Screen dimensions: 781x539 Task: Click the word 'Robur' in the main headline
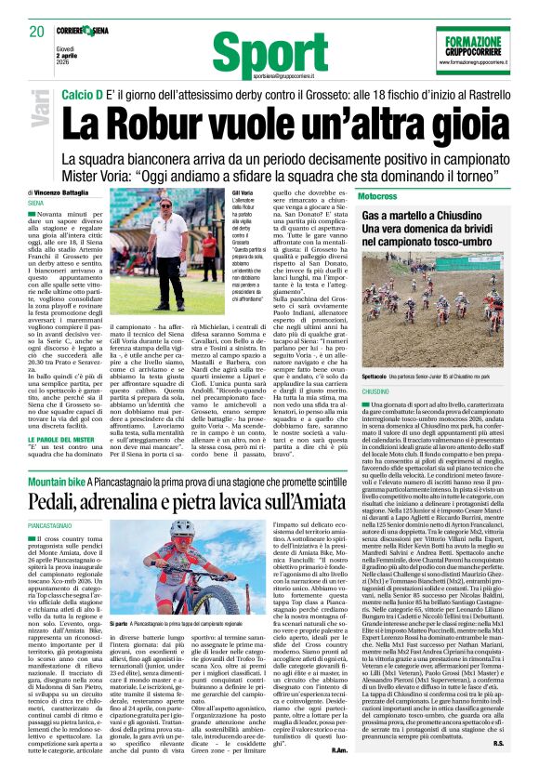(x=181, y=122)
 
